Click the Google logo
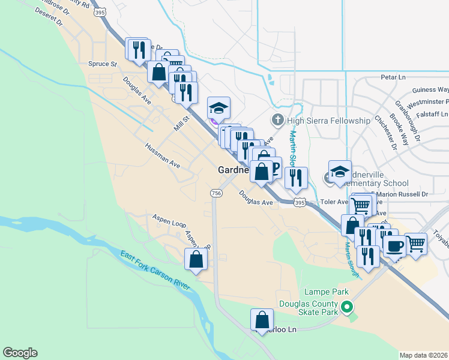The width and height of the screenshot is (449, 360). (x=20, y=353)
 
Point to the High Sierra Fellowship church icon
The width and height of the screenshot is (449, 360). (x=277, y=121)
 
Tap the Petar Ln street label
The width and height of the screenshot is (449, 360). (x=393, y=77)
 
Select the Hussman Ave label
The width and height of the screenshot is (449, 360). (x=162, y=155)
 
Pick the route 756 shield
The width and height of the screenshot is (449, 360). (x=216, y=193)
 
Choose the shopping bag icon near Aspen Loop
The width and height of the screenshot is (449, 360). (x=196, y=259)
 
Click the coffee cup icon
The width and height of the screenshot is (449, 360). (x=394, y=245)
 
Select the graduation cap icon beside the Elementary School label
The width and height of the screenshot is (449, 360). (x=340, y=171)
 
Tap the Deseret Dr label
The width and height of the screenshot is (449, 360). (x=50, y=22)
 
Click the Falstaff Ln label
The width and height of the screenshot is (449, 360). (x=428, y=114)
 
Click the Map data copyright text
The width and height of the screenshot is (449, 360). (x=423, y=355)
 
